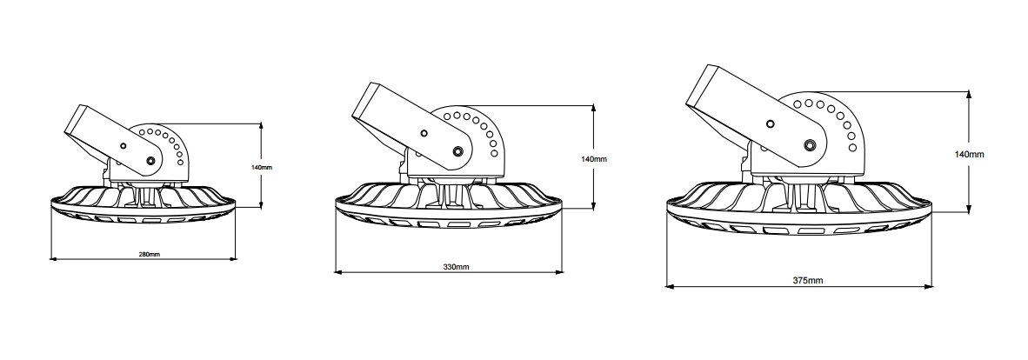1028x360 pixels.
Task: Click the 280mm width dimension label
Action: (x=150, y=254)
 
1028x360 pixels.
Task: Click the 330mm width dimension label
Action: (x=457, y=267)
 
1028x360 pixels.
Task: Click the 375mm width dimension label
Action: (x=808, y=281)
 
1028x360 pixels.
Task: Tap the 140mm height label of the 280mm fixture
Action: (x=262, y=167)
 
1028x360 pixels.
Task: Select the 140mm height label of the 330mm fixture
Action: (x=594, y=159)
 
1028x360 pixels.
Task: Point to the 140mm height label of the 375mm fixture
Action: (x=969, y=154)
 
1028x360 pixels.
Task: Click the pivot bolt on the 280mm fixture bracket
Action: (x=151, y=160)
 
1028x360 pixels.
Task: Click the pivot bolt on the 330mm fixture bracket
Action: (x=457, y=152)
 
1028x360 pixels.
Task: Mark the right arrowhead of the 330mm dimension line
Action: (x=559, y=272)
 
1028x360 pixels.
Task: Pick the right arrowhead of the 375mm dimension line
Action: (x=928, y=287)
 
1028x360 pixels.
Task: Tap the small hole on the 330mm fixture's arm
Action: (x=424, y=133)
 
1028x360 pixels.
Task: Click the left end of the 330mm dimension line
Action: (x=336, y=272)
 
